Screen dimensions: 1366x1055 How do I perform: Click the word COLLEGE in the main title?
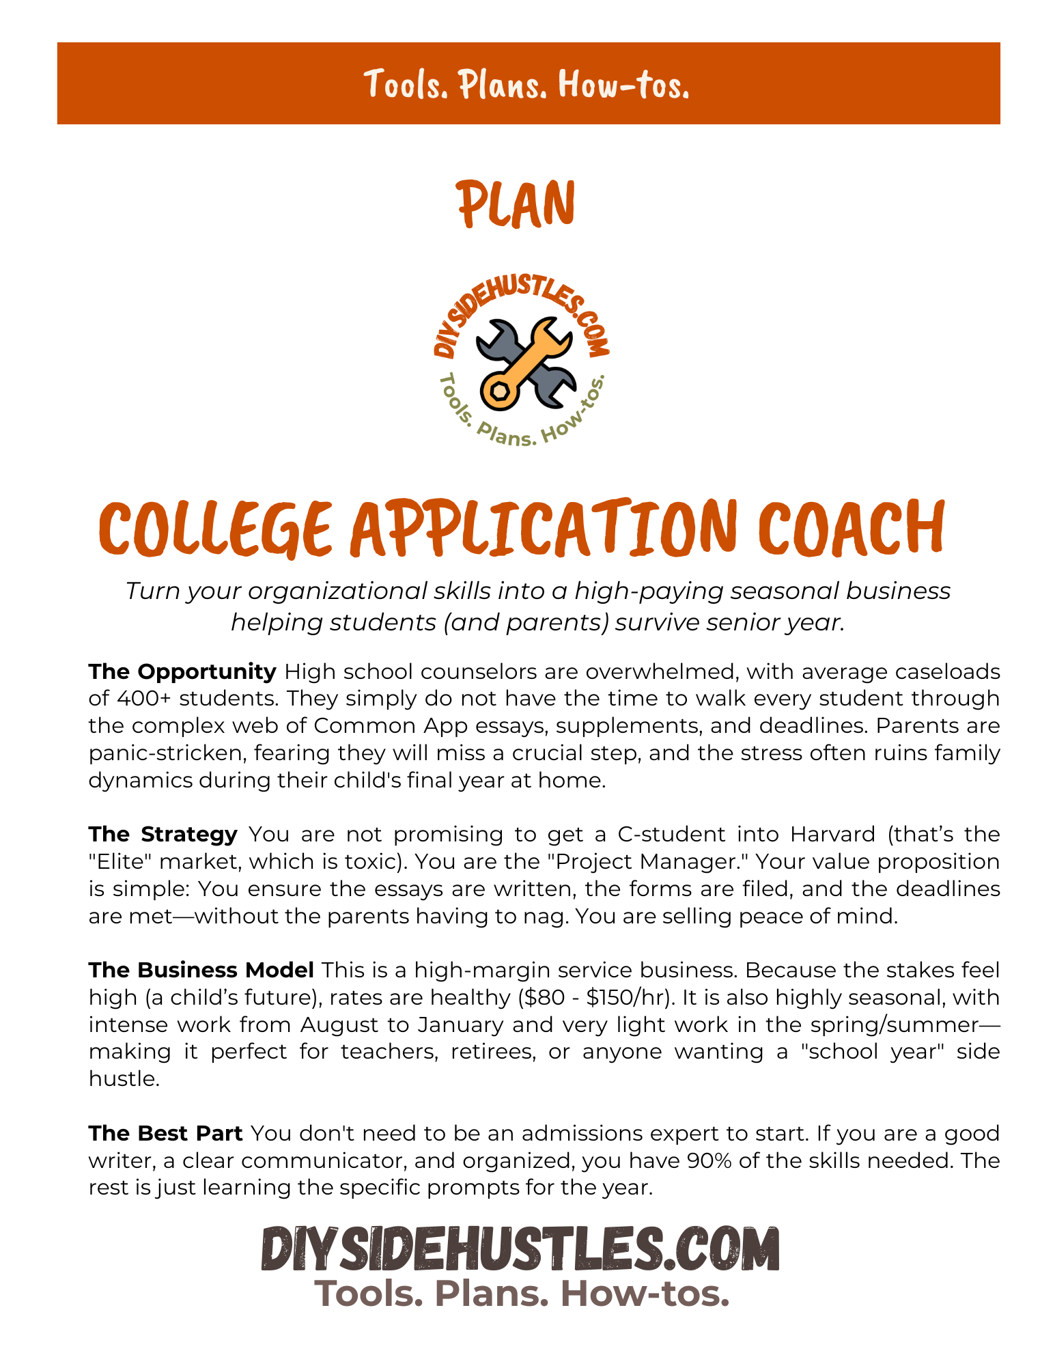coord(216,529)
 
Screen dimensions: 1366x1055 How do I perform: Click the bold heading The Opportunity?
coord(182,671)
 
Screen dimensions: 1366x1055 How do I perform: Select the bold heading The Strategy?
coord(163,834)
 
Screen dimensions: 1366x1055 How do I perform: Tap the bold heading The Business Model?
coord(201,970)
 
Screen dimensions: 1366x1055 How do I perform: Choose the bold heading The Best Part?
coord(166,1133)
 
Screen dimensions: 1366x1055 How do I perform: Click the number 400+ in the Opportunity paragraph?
coord(143,699)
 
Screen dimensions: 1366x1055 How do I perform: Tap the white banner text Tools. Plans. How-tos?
coord(527,84)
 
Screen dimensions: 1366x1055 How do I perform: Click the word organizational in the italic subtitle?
coord(338,591)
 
